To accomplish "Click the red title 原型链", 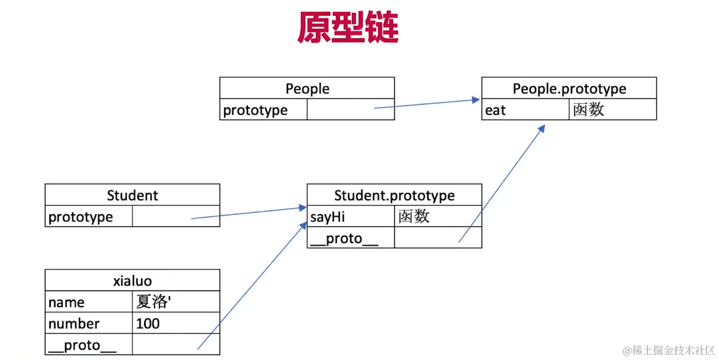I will point(348,28).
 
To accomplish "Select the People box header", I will point(307,88).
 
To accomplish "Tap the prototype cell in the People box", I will point(256,110).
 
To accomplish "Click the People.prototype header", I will point(569,88).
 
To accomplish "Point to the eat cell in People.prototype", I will point(495,110).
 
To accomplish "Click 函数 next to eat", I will point(588,110).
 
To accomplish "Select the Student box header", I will point(132,195).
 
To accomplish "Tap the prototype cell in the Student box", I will point(81,217).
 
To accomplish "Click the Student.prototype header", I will point(394,195).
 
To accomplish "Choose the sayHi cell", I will point(328,217).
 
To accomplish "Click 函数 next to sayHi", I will point(414,217).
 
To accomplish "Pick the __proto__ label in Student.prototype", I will point(344,238).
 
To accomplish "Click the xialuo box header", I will point(132,280).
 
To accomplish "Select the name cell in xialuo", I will point(66,302).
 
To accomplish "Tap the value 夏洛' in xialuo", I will point(152,302).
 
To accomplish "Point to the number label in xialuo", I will point(74,323).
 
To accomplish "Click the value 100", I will point(148,323).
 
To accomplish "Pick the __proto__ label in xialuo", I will point(82,345).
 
